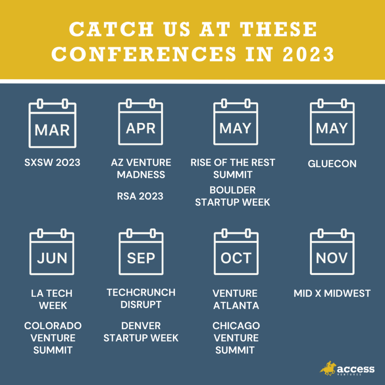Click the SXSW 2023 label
click(52, 162)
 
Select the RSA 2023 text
click(140, 196)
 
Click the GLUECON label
click(332, 164)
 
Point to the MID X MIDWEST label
click(332, 293)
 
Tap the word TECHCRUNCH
click(141, 293)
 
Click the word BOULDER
click(233, 190)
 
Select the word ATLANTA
click(236, 306)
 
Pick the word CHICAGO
click(236, 326)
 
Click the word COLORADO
click(53, 326)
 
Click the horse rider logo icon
click(328, 368)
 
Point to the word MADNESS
click(141, 174)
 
